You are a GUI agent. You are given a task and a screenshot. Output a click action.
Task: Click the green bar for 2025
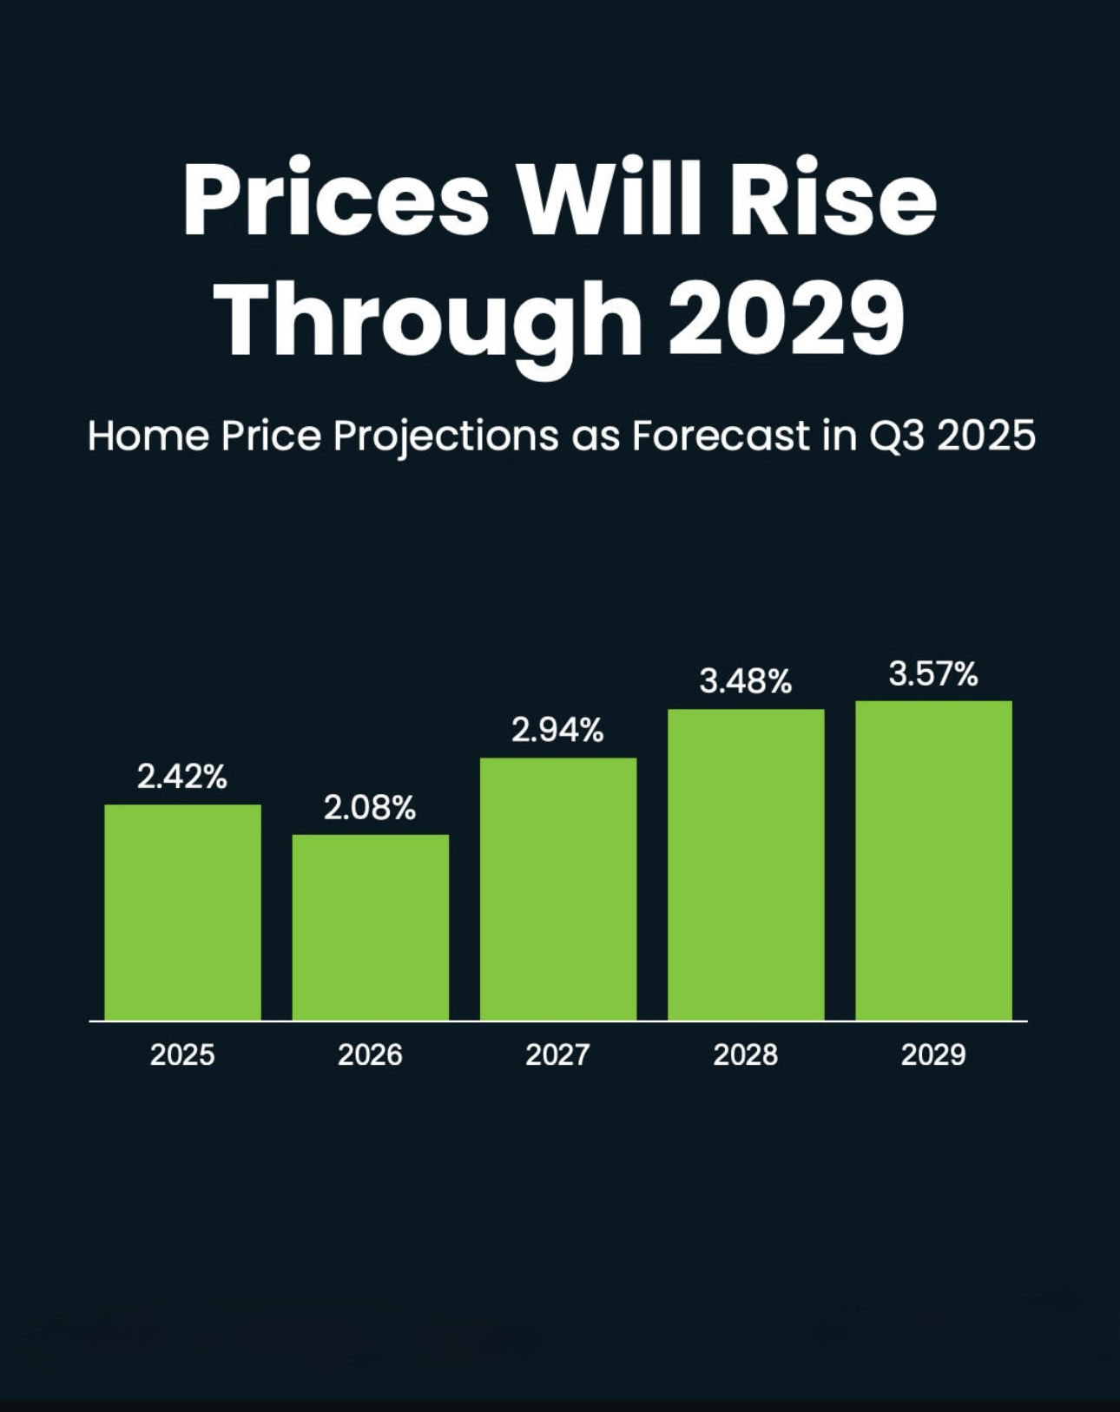point(182,911)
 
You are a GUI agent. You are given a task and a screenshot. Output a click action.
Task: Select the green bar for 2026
point(370,927)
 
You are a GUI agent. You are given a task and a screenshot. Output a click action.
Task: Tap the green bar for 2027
point(557,889)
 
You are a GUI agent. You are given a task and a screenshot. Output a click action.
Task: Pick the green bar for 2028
point(745,864)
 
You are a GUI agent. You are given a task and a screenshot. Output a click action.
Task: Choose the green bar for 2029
point(933,860)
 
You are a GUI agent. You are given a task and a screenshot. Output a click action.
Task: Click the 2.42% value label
point(182,777)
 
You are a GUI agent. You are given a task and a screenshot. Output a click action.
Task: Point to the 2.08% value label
point(370,808)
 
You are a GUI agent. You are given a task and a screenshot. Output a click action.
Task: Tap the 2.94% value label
point(557,731)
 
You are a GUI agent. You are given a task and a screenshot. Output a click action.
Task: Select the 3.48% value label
point(745,682)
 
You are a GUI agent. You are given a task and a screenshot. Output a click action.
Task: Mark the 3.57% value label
point(933,673)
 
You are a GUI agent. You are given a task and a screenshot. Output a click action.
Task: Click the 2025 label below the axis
point(182,1054)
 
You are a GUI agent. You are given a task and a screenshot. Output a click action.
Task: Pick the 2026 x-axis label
point(370,1054)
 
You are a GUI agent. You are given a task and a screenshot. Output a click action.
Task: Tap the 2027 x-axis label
point(557,1054)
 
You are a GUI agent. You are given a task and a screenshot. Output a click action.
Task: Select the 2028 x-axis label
point(745,1054)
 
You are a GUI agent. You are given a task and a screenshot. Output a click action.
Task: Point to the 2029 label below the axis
point(933,1054)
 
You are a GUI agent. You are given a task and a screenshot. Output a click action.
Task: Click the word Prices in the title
point(335,200)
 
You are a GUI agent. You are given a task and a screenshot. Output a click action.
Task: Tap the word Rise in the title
point(833,200)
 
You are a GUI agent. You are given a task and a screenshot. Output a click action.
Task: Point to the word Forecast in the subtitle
point(720,436)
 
